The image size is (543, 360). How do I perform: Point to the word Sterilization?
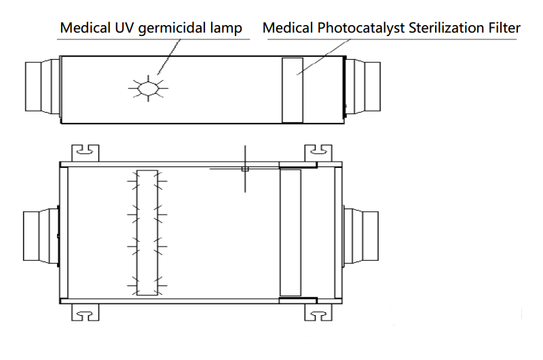point(435,29)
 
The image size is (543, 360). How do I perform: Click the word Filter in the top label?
point(504,29)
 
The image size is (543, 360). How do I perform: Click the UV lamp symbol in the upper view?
point(148,88)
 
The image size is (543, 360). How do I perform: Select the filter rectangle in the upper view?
point(293,90)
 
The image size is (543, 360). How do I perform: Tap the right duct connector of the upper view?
point(367,86)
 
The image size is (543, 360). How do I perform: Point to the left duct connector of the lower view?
point(39,234)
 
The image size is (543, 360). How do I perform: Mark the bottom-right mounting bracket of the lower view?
point(318,312)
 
